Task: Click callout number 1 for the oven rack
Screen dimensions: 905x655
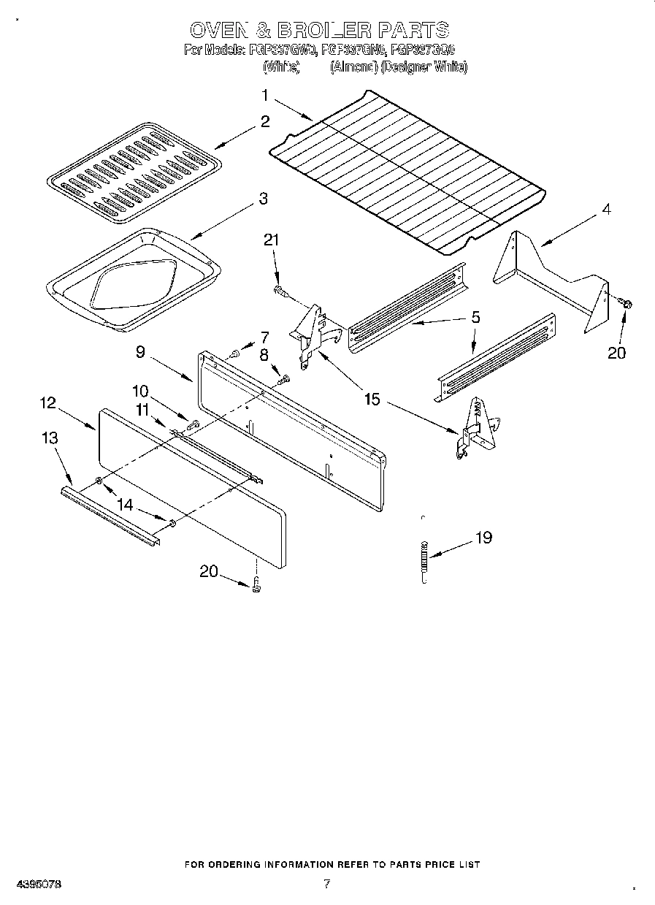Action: (266, 95)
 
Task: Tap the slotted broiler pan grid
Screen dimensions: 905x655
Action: (134, 172)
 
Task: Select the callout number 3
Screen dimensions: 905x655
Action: (263, 198)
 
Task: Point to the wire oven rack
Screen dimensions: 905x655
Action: (409, 172)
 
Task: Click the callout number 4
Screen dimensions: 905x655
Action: (606, 209)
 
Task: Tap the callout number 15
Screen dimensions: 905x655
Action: (372, 400)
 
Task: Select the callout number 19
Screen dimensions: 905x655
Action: (483, 538)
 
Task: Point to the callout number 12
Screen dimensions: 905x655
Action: (48, 402)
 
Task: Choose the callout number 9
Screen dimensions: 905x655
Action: (140, 351)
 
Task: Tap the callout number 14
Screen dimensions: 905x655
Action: (126, 503)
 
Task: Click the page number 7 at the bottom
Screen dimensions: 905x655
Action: (326, 884)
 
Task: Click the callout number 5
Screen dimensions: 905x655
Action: (475, 317)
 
